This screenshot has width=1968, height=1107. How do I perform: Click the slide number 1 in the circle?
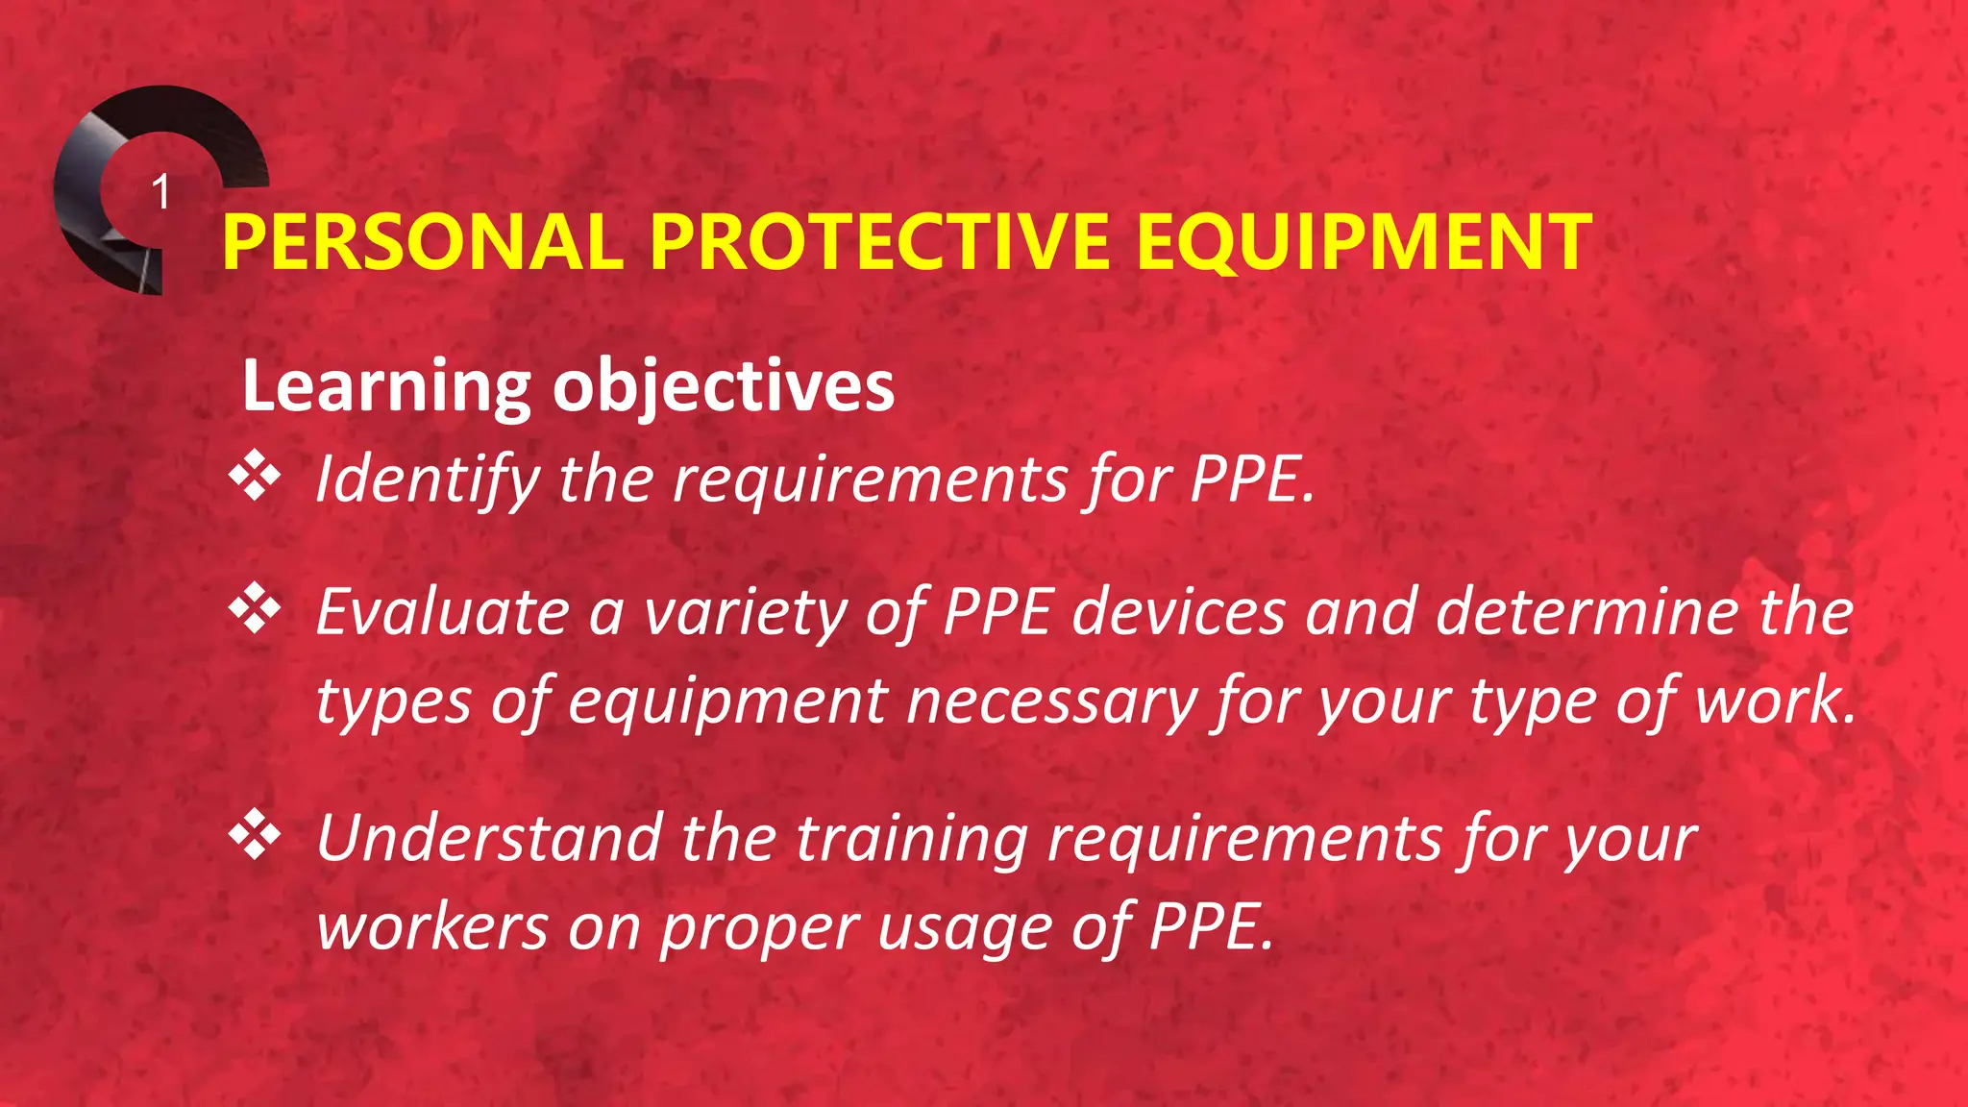click(161, 192)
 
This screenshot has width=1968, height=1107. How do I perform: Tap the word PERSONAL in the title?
click(423, 242)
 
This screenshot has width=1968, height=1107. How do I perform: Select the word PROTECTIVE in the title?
click(880, 242)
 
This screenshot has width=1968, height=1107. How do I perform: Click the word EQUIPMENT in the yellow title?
click(1363, 242)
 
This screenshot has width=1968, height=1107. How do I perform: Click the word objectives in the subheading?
click(723, 387)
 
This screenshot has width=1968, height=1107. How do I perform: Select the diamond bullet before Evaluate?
click(255, 607)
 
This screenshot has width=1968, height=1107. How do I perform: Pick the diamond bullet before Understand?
click(255, 834)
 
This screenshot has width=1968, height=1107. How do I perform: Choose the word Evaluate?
click(443, 611)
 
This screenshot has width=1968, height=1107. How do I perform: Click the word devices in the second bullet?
click(1178, 611)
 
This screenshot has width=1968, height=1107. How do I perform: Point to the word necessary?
click(1051, 701)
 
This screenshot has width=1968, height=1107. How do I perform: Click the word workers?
click(432, 927)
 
